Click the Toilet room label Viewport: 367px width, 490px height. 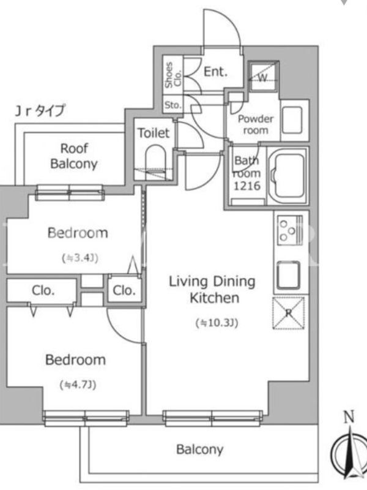point(154,133)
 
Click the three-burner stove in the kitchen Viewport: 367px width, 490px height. point(290,230)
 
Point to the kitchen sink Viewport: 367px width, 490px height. point(288,275)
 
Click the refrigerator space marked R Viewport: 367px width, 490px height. point(289,313)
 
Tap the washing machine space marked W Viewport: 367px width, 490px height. point(263,76)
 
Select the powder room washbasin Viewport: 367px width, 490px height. point(292,120)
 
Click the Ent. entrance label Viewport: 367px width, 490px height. point(215,72)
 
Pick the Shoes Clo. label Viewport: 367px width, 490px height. point(173,75)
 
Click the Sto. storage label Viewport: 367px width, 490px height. point(173,105)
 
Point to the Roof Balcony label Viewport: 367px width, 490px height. point(74,156)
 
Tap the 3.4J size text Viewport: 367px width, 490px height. point(81,258)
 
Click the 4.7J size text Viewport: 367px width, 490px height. point(78,385)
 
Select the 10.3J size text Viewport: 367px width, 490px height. point(217,323)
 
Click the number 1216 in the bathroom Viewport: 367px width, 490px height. point(247,186)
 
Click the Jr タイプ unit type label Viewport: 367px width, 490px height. point(40,111)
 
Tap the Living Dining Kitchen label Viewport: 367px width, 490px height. point(212,289)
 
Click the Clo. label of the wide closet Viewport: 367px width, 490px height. point(43,290)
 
